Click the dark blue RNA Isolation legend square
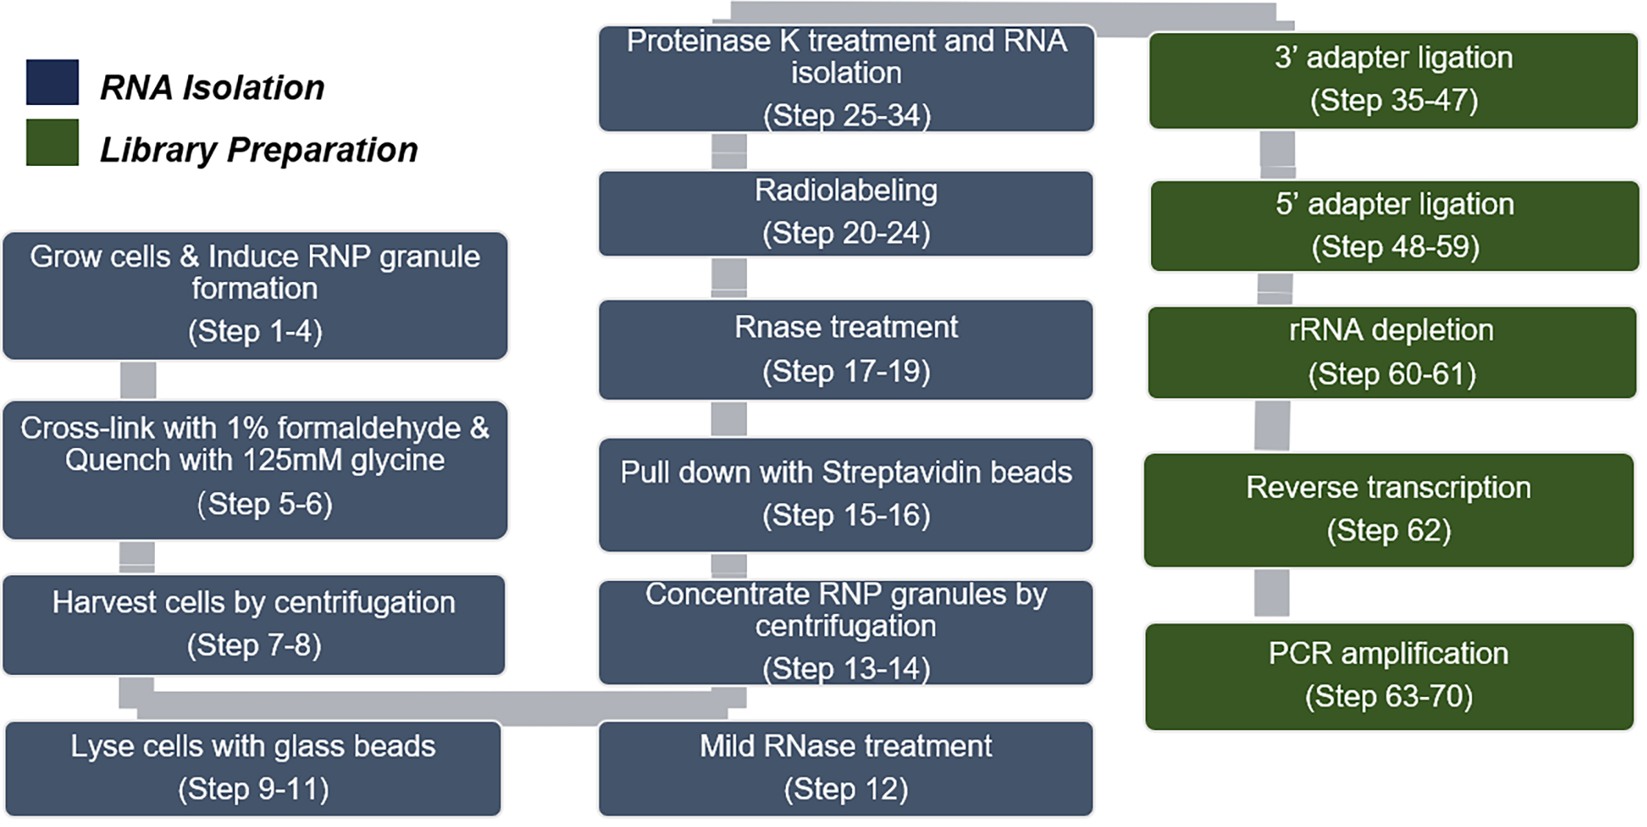(52, 82)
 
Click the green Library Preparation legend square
(52, 142)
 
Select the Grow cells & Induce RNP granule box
(255, 295)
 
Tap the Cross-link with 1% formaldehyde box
(255, 470)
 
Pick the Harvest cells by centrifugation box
(254, 624)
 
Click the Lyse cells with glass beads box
(253, 768)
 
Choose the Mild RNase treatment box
(846, 768)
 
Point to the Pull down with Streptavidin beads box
(846, 494)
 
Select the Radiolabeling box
(846, 214)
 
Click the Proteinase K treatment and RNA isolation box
(847, 79)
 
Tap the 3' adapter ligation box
(1394, 80)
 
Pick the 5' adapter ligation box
(1395, 226)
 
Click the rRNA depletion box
(1392, 353)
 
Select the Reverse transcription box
(1389, 510)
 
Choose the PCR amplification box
(1390, 676)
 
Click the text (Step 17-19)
(846, 371)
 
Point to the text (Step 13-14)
(846, 669)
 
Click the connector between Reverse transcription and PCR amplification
(1272, 593)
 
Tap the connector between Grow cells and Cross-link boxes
(138, 380)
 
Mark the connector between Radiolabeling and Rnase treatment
(729, 278)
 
